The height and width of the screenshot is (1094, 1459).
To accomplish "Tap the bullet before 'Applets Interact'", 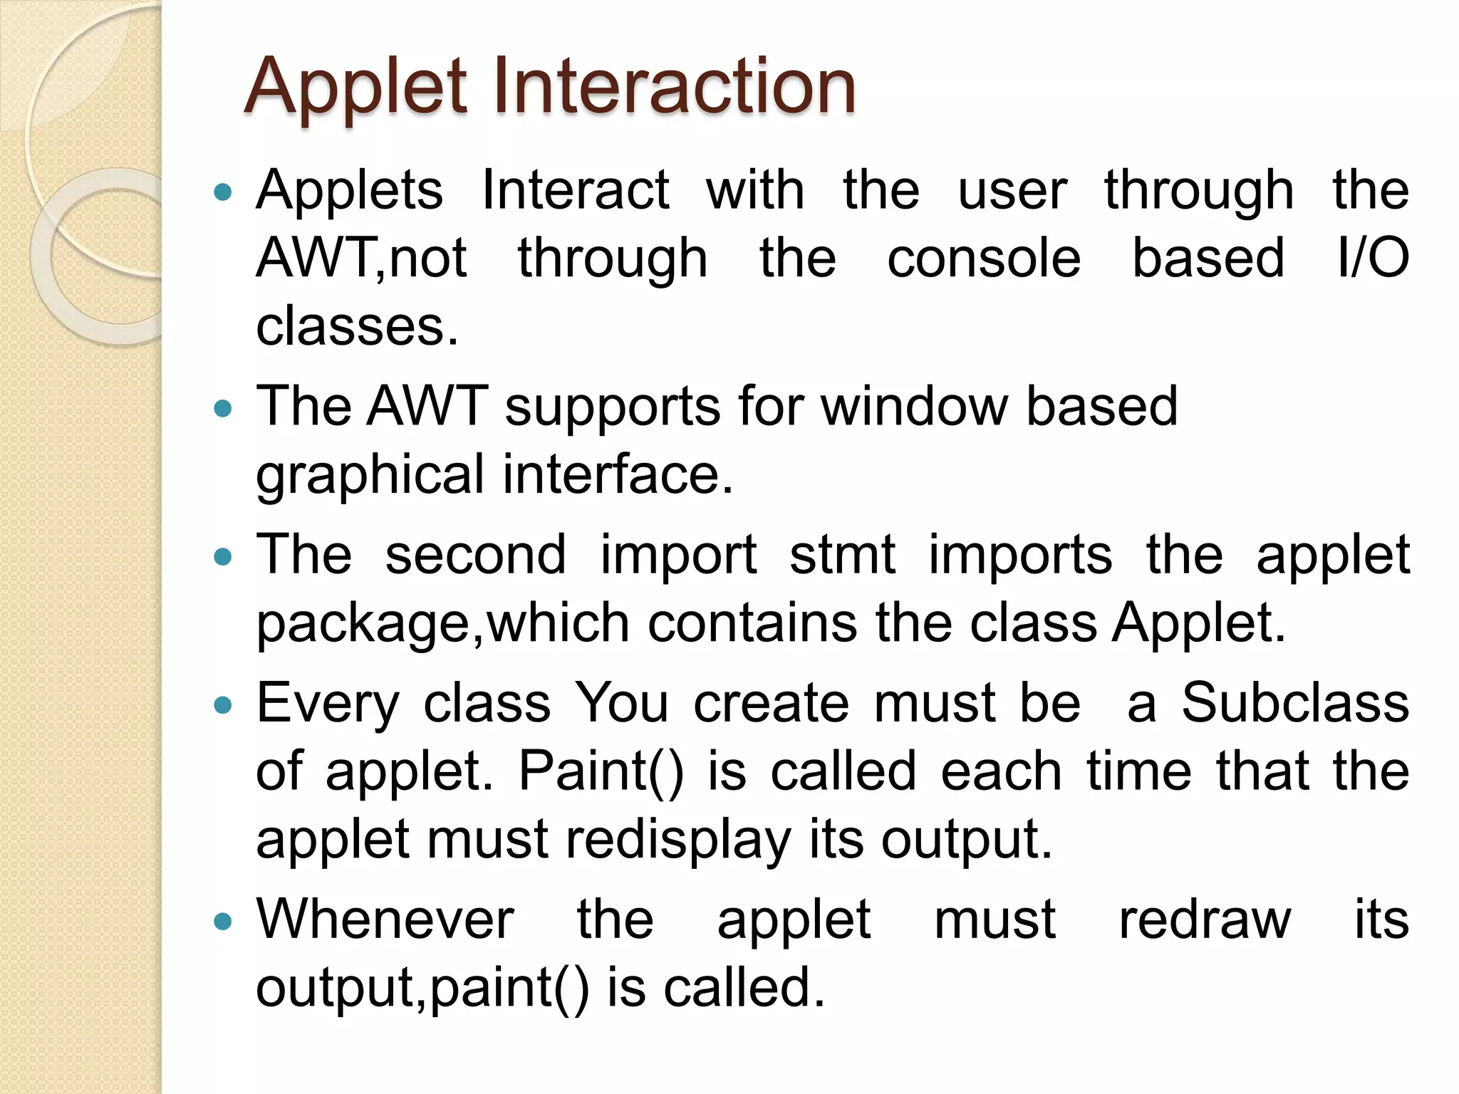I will [x=223, y=192].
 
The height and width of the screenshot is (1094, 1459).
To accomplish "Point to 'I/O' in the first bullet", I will [x=1373, y=258].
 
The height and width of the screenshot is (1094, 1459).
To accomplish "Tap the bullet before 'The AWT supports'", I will [x=223, y=408].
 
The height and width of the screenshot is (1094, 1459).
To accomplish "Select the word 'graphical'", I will [x=370, y=475].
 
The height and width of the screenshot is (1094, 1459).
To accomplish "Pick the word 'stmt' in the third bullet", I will [x=841, y=555].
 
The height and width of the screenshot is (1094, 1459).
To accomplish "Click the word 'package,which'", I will [x=442, y=623].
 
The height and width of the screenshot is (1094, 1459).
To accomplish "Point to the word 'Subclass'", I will [x=1294, y=703].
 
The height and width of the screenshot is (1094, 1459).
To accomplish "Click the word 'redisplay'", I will [x=677, y=840].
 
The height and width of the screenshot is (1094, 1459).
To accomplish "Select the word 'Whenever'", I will [x=385, y=920].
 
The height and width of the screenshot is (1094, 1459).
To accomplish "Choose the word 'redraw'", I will [x=1204, y=920].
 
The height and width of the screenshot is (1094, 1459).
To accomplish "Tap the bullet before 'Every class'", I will [x=223, y=705].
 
